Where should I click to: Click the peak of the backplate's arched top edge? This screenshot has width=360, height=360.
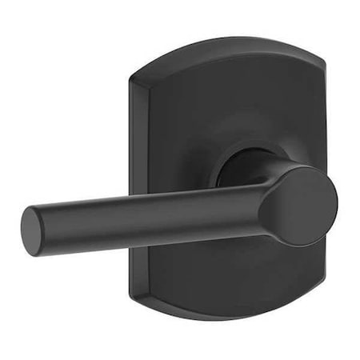(x=232, y=40)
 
